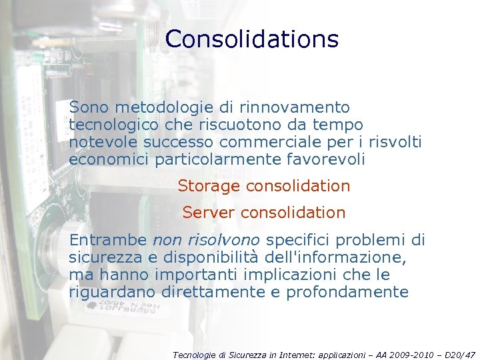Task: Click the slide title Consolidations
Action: tap(252, 39)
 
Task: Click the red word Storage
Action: tap(209, 186)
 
